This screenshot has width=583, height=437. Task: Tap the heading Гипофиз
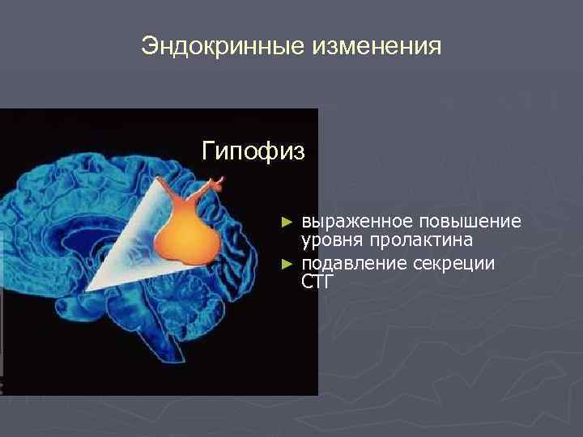click(253, 151)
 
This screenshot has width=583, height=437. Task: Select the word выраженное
click(353, 222)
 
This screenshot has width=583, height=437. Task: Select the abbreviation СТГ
click(317, 282)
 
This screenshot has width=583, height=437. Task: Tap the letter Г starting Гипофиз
click(209, 151)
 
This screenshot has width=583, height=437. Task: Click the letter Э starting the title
click(149, 46)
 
